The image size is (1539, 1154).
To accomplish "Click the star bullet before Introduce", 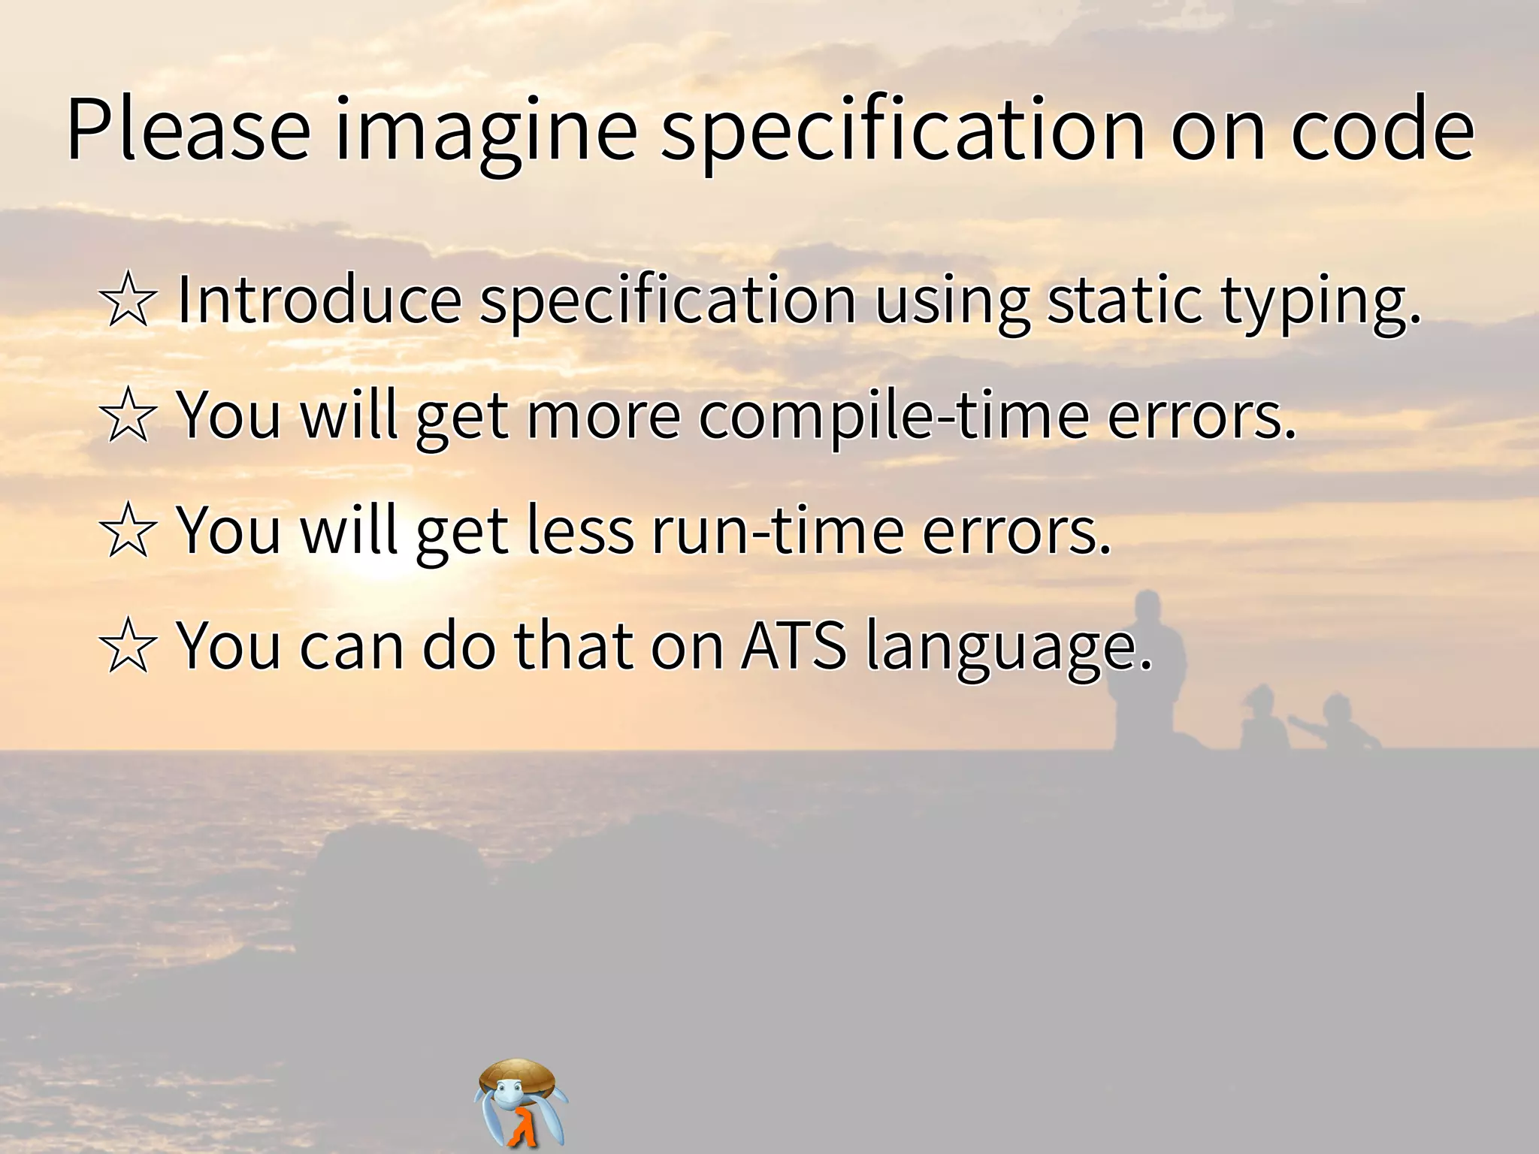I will click(128, 301).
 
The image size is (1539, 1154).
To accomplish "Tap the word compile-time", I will click(894, 418).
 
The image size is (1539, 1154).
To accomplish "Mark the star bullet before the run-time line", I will click(128, 531).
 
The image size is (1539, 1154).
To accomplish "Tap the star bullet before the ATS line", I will click(128, 646).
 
